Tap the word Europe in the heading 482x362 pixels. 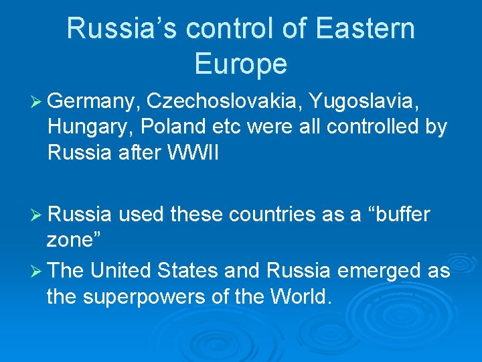[241, 64]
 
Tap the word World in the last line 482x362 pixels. [297, 296]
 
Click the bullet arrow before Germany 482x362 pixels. [37, 102]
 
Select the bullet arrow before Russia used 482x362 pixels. [37, 215]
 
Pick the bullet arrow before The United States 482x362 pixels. [37, 271]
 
